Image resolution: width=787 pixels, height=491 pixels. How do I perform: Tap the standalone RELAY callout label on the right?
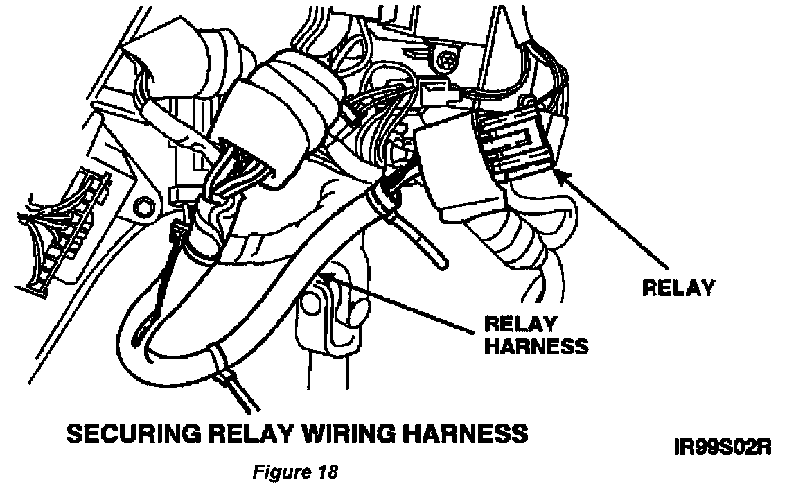coord(678,288)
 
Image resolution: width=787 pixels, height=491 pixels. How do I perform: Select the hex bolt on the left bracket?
coord(144,207)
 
